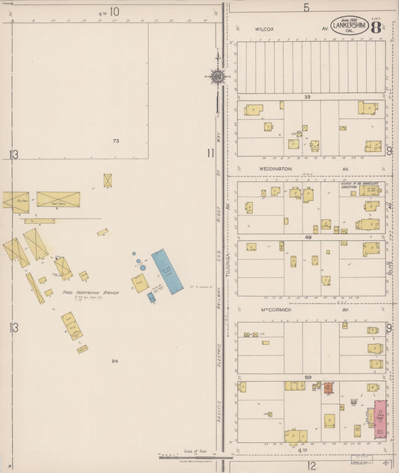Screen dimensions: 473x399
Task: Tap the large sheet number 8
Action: pyautogui.click(x=375, y=26)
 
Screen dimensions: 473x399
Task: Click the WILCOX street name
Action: pyautogui.click(x=264, y=29)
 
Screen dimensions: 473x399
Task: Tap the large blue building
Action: pyautogui.click(x=167, y=271)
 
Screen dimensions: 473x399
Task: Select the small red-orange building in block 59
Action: pyautogui.click(x=328, y=388)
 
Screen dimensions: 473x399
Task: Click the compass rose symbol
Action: pyautogui.click(x=218, y=76)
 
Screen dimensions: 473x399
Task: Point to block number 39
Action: pyautogui.click(x=307, y=97)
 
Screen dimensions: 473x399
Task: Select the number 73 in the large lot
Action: pyautogui.click(x=115, y=141)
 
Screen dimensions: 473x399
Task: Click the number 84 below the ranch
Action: pyautogui.click(x=115, y=361)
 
